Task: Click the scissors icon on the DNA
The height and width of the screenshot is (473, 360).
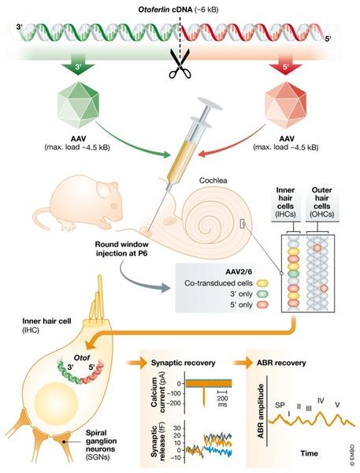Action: click(x=180, y=64)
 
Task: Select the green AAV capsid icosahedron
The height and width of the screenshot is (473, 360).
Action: click(x=79, y=105)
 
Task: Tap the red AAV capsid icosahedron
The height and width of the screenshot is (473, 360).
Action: click(x=286, y=105)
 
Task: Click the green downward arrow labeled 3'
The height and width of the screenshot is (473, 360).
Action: click(x=78, y=66)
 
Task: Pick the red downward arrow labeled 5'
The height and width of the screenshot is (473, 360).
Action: click(x=285, y=66)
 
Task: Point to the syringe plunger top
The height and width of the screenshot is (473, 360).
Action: click(x=210, y=103)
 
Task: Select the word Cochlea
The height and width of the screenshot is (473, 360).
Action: click(x=213, y=181)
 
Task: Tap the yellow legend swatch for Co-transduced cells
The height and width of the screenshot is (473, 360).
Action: click(x=262, y=283)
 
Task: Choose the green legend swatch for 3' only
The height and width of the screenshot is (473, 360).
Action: click(x=262, y=294)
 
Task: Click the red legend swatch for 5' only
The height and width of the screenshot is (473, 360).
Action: click(x=262, y=304)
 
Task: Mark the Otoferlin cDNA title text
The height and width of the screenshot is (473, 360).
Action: click(x=178, y=9)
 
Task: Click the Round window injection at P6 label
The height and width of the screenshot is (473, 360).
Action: click(x=122, y=248)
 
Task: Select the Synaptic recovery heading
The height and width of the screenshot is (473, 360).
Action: click(x=183, y=363)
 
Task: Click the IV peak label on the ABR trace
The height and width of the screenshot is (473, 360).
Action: click(x=321, y=400)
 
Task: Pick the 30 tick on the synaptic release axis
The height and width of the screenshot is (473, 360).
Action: click(x=176, y=428)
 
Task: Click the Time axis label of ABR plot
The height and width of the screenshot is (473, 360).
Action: click(x=309, y=453)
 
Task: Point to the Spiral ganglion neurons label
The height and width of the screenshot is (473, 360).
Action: click(x=101, y=445)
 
